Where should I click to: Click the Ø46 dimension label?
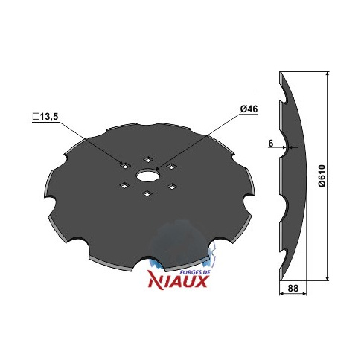pos(249,109)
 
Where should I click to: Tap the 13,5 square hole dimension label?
pos(48,117)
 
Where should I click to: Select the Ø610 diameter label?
pos(322,176)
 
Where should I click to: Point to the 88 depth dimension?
pos(293,289)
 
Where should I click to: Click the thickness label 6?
pos(270,144)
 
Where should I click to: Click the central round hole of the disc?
pos(148,176)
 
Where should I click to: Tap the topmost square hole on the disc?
pos(148,159)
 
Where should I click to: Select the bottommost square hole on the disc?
pos(148,194)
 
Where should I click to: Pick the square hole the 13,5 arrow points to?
pos(125,166)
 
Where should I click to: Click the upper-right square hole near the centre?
pos(171,167)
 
